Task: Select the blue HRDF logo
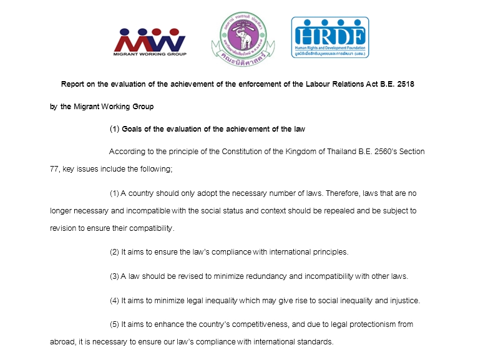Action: pyautogui.click(x=329, y=37)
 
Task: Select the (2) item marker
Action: pyautogui.click(x=114, y=252)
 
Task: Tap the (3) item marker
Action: pyautogui.click(x=114, y=276)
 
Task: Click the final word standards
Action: pyautogui.click(x=316, y=342)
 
